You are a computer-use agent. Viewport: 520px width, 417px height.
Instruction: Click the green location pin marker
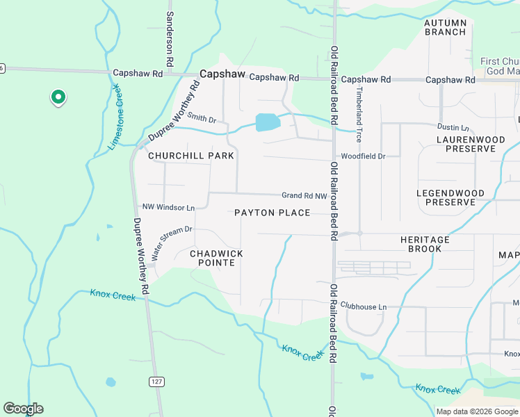pos(58,98)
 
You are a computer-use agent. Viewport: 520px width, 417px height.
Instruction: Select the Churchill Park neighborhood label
pos(191,156)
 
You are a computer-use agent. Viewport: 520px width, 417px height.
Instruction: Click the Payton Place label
pos(272,213)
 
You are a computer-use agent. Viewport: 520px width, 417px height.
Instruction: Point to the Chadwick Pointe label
pos(217,259)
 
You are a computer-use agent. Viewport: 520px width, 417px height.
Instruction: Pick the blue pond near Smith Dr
pos(268,122)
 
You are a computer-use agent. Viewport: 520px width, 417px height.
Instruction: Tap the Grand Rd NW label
pos(304,196)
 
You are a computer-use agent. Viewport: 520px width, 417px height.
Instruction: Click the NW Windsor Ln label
pos(168,207)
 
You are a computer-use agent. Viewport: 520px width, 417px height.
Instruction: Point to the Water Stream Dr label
pos(171,240)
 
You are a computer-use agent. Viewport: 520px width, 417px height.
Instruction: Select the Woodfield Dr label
pos(362,156)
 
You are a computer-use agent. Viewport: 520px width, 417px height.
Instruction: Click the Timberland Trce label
pos(359,114)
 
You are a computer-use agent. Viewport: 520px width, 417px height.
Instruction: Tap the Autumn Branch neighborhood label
pos(445,27)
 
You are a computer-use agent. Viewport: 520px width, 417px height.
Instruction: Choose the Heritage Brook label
pos(425,244)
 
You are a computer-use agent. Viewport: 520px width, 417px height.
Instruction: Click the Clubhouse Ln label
pos(362,306)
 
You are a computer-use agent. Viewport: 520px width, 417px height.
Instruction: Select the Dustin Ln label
pos(453,127)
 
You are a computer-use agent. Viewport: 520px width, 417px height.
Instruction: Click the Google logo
pos(23,409)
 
